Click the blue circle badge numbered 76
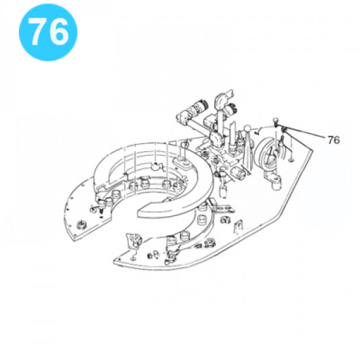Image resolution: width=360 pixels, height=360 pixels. (48, 32)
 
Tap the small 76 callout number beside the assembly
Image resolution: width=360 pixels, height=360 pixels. (334, 140)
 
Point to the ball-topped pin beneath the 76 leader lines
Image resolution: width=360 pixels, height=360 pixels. (276, 122)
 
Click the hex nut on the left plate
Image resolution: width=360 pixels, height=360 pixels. (82, 224)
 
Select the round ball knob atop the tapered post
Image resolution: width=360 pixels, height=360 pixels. (247, 129)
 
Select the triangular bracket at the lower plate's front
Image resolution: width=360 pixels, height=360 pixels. (133, 240)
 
